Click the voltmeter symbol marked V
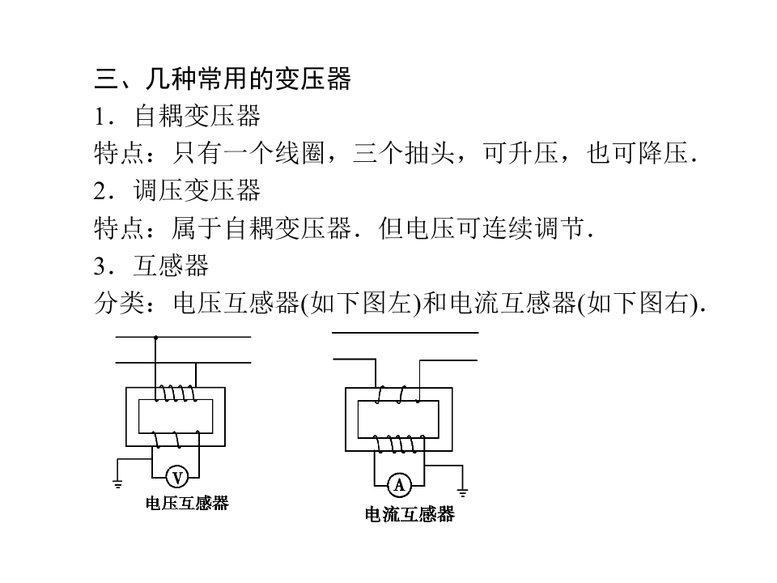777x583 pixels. click(177, 478)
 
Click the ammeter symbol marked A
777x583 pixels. click(399, 485)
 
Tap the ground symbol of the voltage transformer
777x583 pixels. click(117, 483)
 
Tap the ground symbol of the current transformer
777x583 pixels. click(462, 492)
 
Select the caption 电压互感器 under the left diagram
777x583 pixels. click(187, 503)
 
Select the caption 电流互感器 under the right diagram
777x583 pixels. click(410, 514)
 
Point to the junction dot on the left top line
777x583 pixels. click(155, 337)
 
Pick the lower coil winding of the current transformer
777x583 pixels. click(399, 444)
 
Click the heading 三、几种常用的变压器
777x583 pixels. click(223, 79)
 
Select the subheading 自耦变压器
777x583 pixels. click(197, 116)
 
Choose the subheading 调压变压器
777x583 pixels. click(197, 190)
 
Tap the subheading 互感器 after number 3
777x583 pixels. click(172, 266)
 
